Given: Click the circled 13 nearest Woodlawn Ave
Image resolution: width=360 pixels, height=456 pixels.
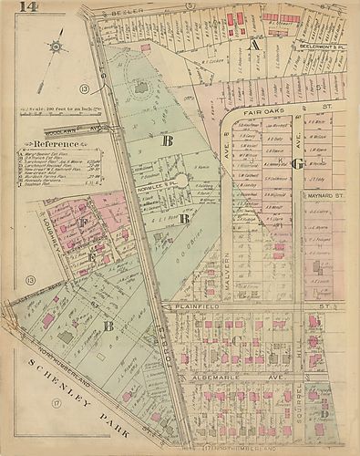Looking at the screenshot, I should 83,88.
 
